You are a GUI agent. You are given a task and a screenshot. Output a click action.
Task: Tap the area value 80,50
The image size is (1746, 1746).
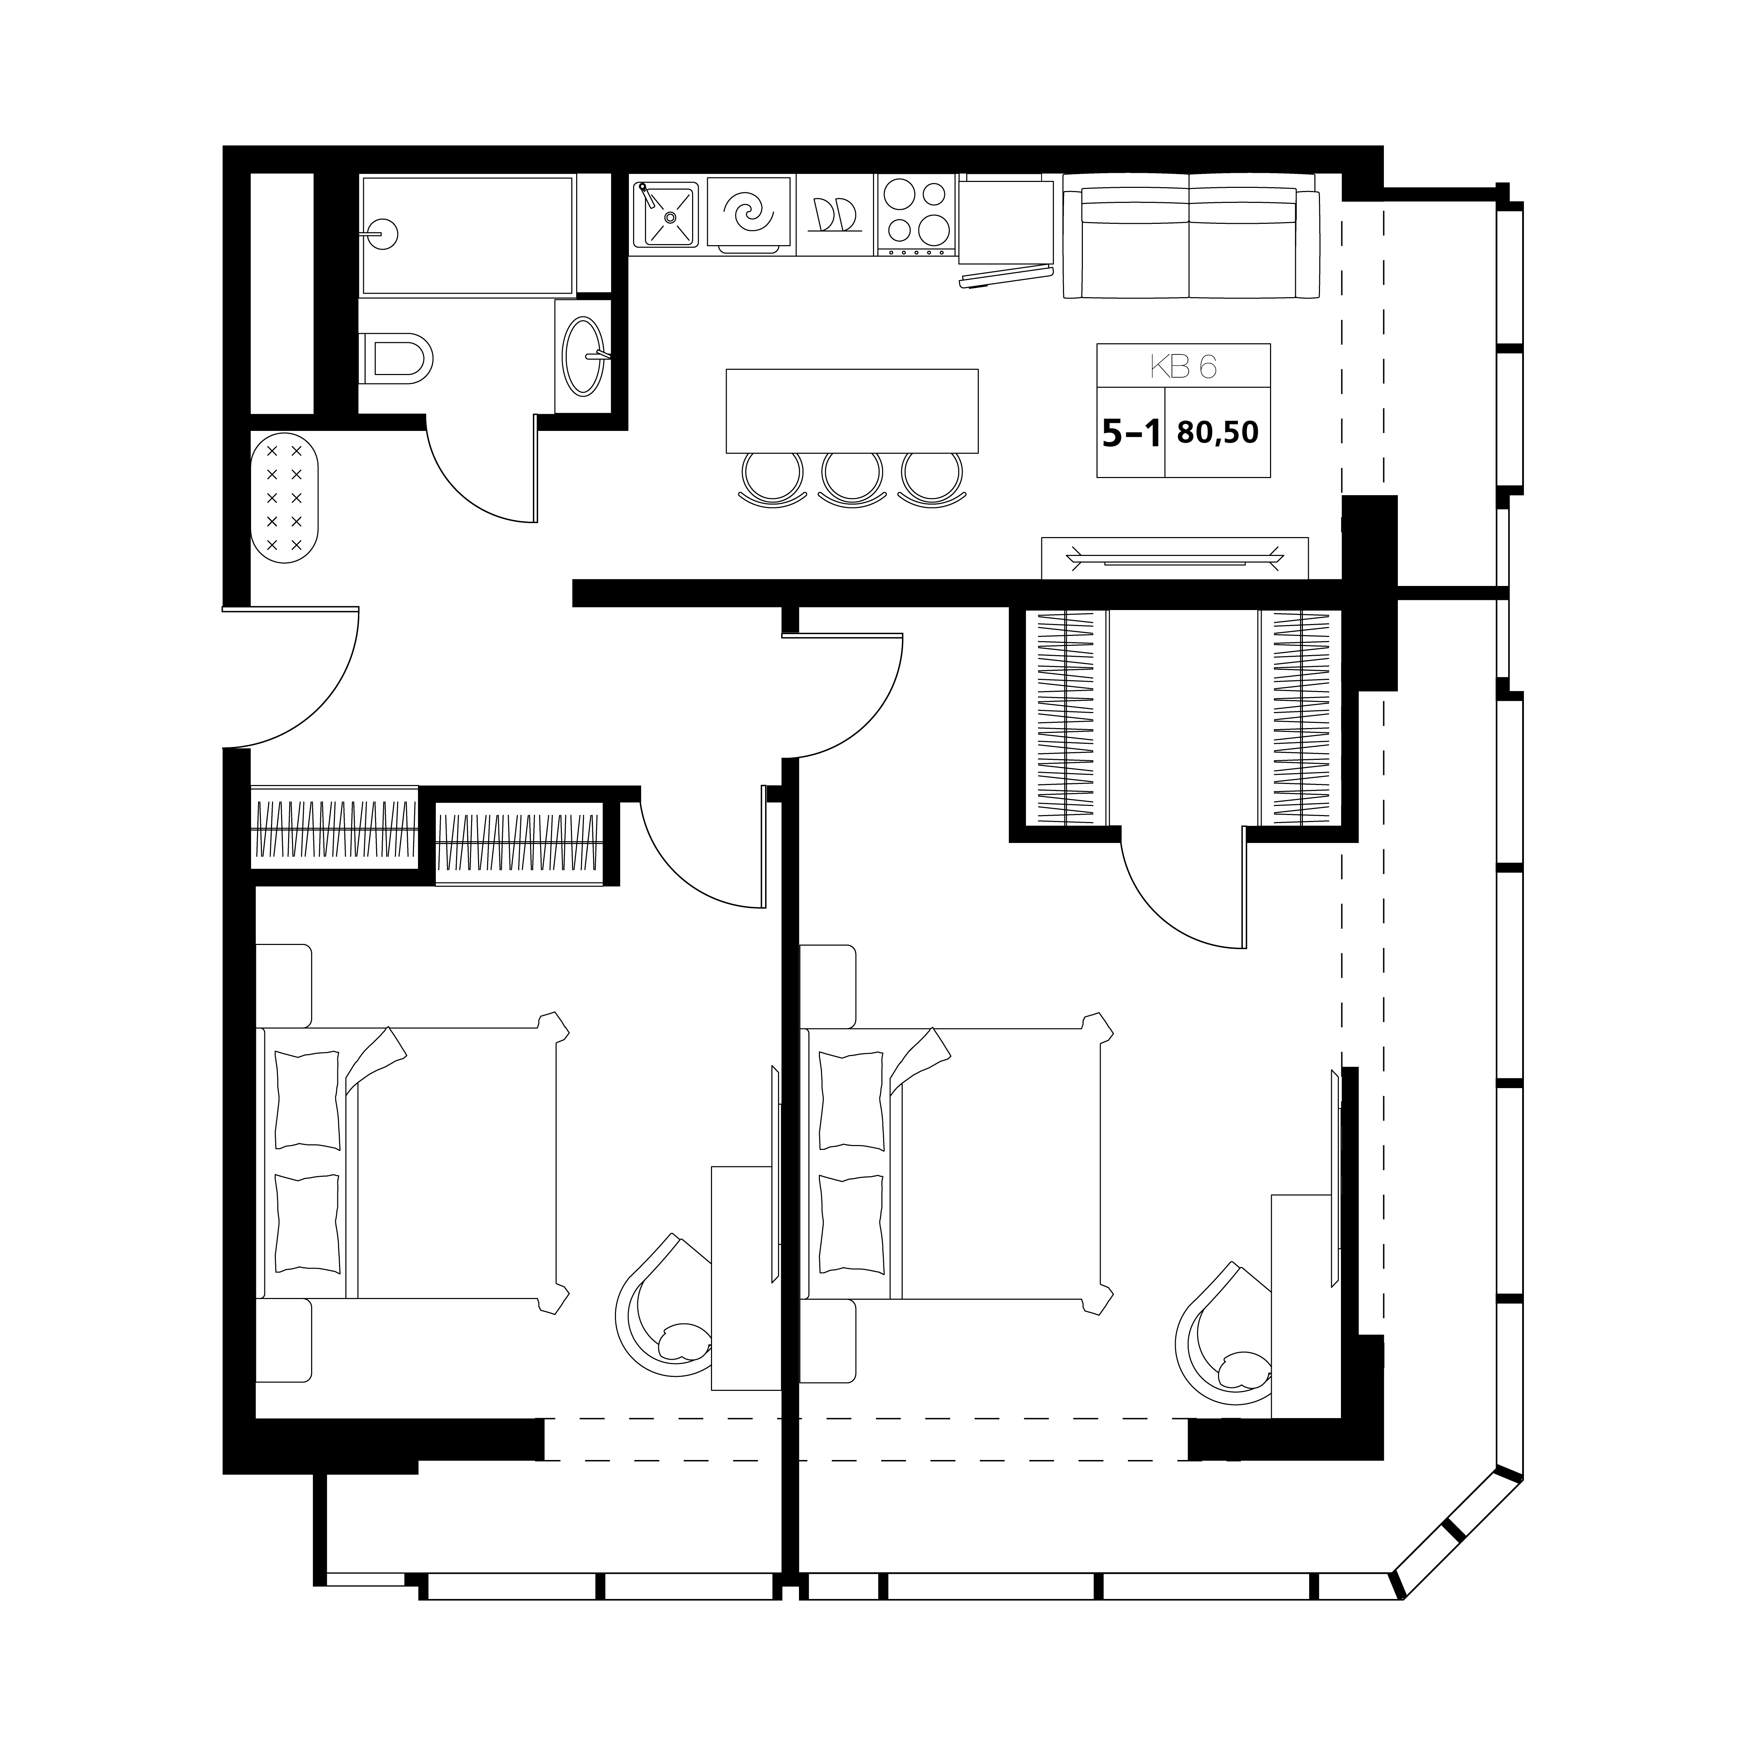[x=1217, y=433]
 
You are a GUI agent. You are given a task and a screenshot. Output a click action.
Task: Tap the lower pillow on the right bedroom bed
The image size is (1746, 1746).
[x=851, y=1223]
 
